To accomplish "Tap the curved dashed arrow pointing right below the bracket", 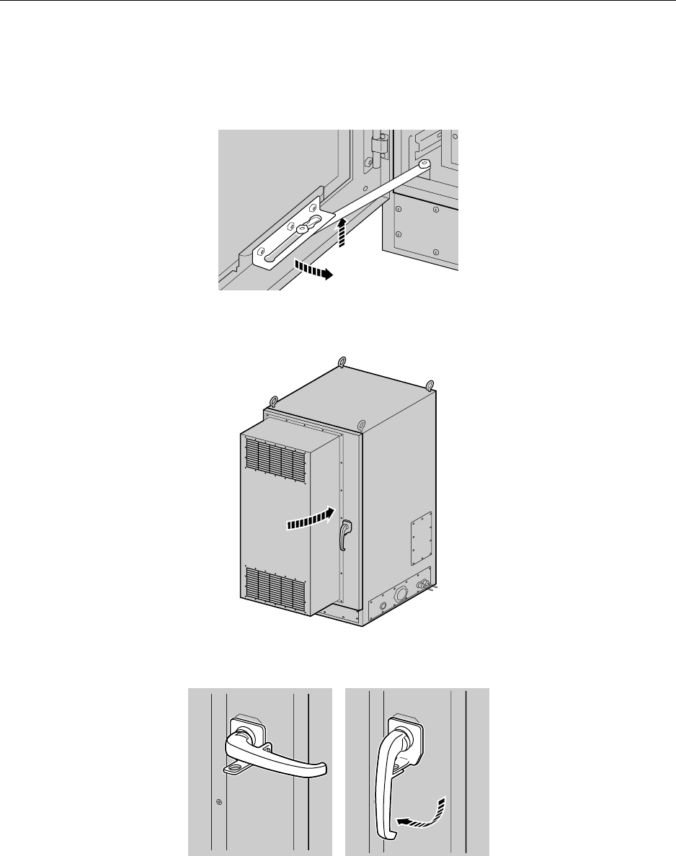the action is point(311,271).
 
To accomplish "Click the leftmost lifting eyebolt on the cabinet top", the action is point(274,401).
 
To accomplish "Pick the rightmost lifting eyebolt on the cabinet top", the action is point(430,385).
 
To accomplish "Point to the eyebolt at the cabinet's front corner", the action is point(363,423).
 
